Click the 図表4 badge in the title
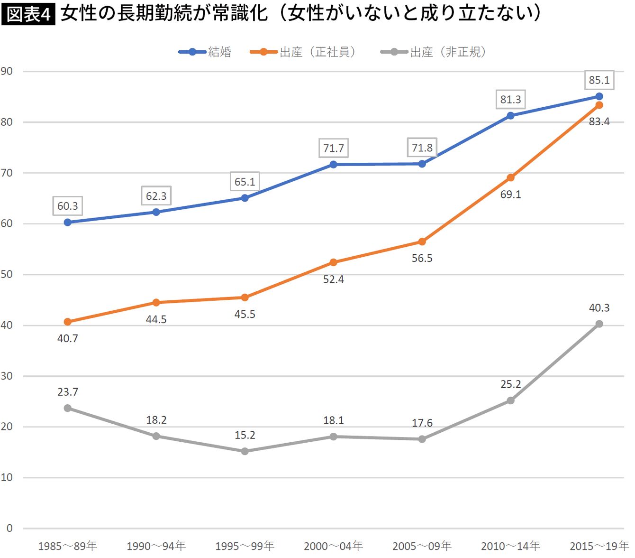(x=28, y=14)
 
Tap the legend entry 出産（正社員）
(x=303, y=52)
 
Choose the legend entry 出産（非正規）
(x=434, y=52)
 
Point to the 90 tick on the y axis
(x=7, y=71)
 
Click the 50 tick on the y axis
(x=7, y=274)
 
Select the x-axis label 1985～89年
(x=67, y=546)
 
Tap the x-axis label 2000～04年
(x=333, y=546)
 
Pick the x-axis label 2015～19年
(x=599, y=546)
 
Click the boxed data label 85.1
(x=599, y=80)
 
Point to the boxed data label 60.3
(x=68, y=206)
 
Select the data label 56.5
(x=422, y=258)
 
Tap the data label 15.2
(x=245, y=435)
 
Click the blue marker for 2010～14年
(x=510, y=116)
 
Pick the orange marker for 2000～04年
(x=333, y=262)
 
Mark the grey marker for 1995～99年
(x=245, y=451)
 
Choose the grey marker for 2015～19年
(x=599, y=324)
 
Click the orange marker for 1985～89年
(x=67, y=322)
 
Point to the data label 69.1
(x=510, y=195)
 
